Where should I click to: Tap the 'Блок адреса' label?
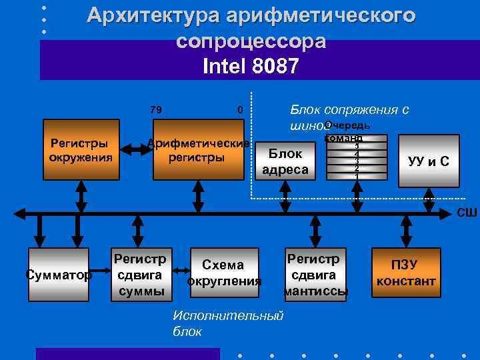click(x=285, y=162)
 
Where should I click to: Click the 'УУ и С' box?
click(x=428, y=161)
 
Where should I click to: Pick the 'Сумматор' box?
click(x=59, y=273)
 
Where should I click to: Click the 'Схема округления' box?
click(x=223, y=273)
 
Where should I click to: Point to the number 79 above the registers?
click(x=156, y=110)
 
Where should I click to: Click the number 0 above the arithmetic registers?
click(x=239, y=110)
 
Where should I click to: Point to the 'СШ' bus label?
click(x=466, y=213)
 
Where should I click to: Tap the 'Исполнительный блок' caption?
click(x=227, y=323)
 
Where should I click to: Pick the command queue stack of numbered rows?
click(x=357, y=159)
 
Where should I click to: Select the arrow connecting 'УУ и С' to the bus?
click(x=428, y=200)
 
